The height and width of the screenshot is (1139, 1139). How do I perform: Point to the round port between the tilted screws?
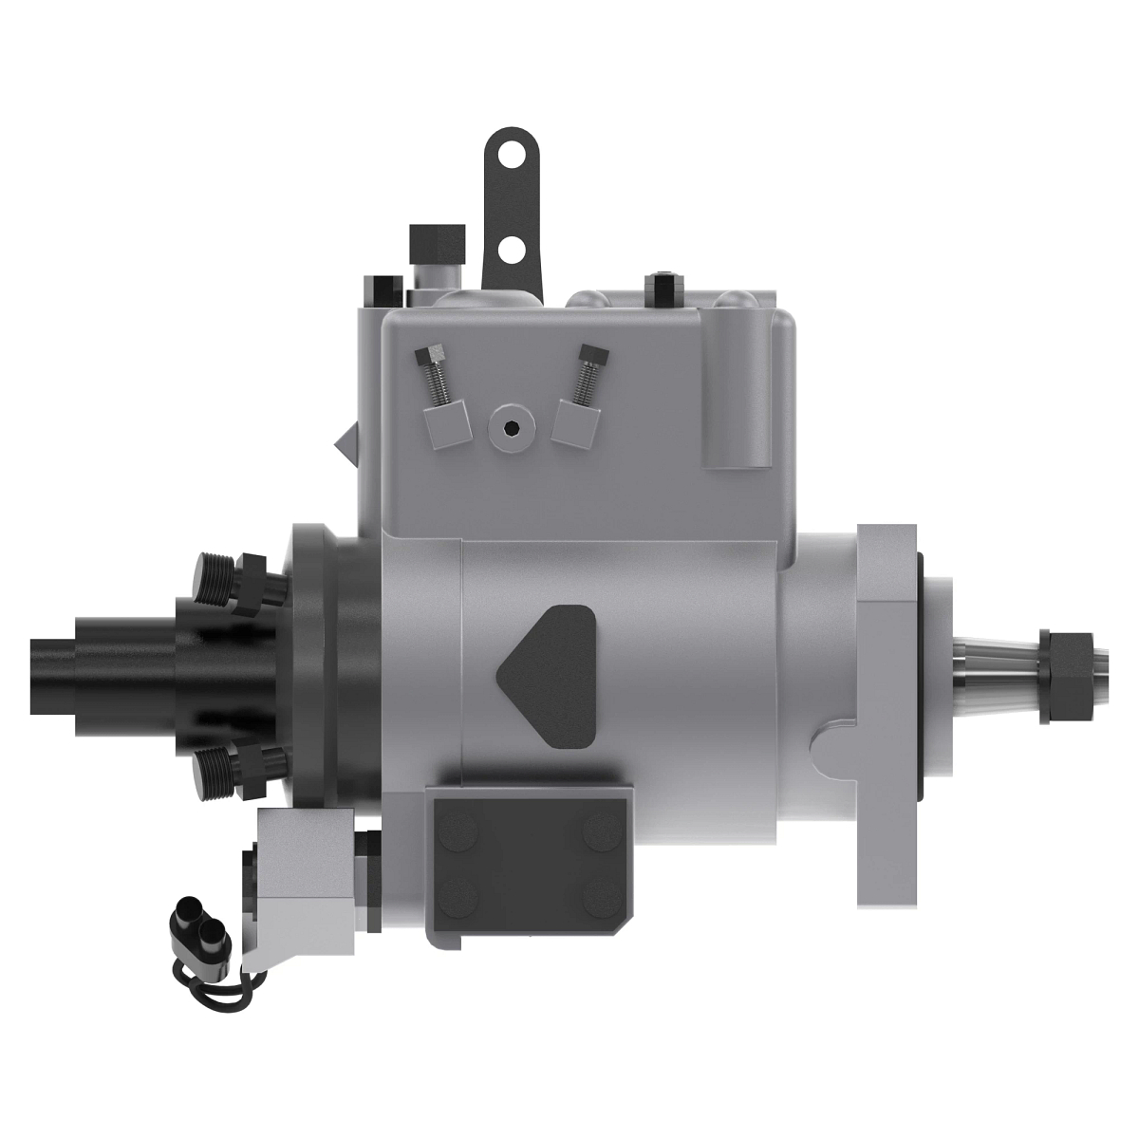point(511,429)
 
